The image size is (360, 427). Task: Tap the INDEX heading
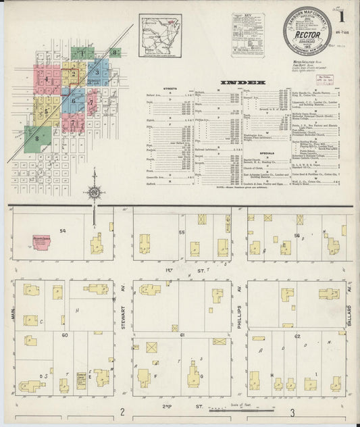point(244,82)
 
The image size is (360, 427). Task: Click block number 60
point(66,335)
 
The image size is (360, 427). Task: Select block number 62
point(297,335)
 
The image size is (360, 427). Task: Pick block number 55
point(182,232)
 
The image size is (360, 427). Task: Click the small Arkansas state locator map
point(160,30)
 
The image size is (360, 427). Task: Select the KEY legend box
point(247,33)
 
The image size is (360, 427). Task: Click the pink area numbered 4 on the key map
point(47,80)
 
